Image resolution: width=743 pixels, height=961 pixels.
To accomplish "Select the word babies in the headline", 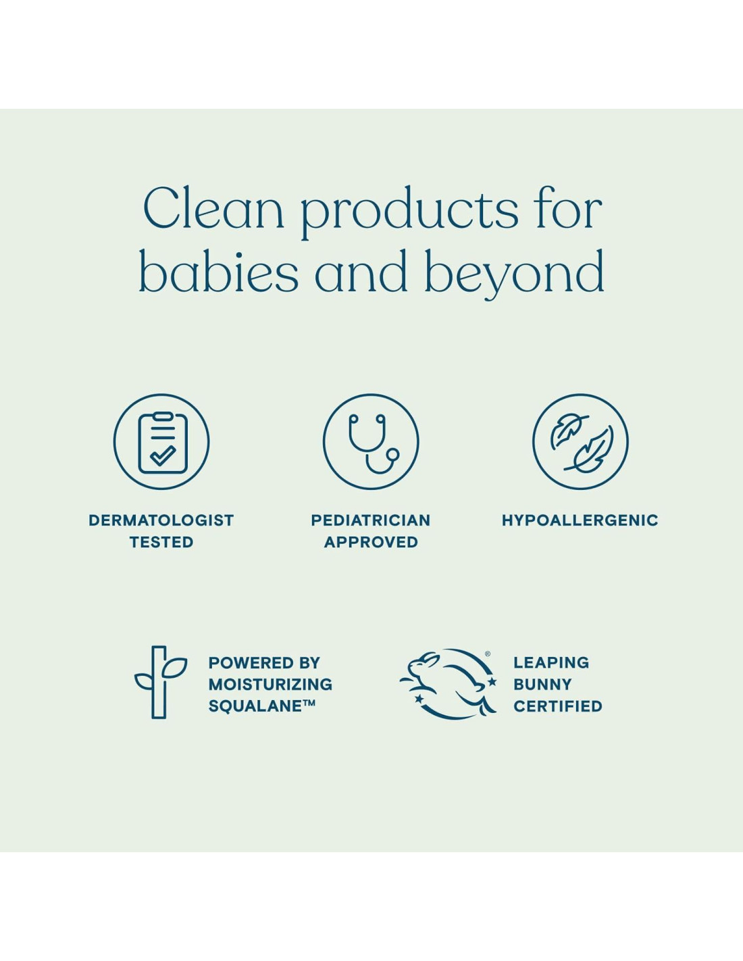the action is click(x=219, y=270).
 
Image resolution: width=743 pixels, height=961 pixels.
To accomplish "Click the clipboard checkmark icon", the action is click(x=161, y=442).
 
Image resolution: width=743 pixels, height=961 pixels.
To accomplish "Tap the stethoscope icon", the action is click(x=371, y=442).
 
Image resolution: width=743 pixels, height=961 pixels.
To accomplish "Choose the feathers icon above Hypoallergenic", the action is click(x=580, y=442).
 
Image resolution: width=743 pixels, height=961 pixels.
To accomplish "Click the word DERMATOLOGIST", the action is click(x=161, y=520).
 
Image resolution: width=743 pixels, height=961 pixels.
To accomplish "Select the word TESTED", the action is click(x=161, y=542).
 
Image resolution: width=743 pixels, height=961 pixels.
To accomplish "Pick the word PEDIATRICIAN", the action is click(x=371, y=520).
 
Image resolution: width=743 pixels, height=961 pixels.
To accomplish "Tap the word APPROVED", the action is click(x=371, y=542).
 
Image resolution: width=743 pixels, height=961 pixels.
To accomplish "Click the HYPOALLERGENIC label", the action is click(x=580, y=520).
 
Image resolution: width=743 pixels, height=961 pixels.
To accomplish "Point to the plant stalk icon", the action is click(x=159, y=682).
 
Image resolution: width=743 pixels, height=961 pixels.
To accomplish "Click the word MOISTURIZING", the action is click(x=270, y=684).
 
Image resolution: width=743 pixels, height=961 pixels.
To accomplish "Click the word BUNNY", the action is click(x=543, y=684).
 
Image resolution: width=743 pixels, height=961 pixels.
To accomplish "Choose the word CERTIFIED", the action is click(x=558, y=706).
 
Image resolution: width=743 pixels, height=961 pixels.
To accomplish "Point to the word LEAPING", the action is click(x=551, y=662).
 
